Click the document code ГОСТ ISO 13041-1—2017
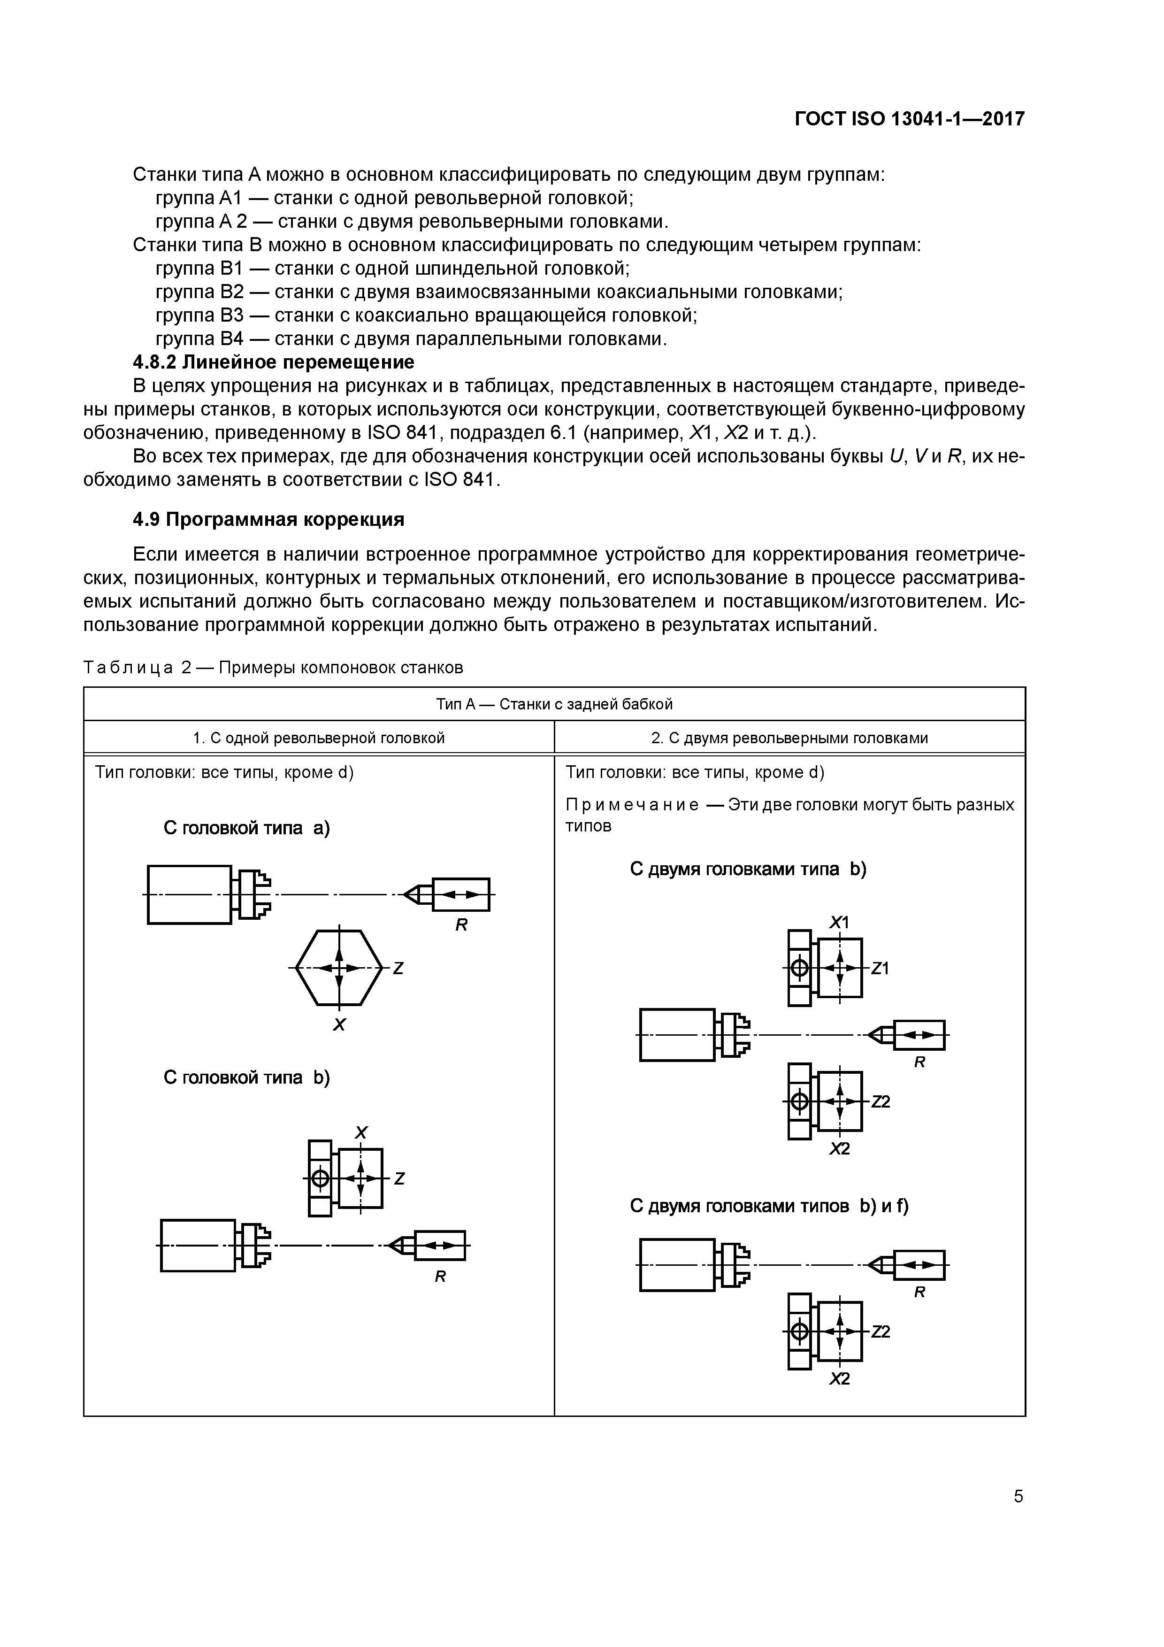click(910, 118)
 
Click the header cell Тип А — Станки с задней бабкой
click(554, 704)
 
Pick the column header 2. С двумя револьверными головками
click(789, 738)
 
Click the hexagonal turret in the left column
click(339, 968)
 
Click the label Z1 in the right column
click(880, 969)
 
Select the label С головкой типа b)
click(246, 1077)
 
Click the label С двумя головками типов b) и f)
click(769, 1206)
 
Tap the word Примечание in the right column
click(632, 804)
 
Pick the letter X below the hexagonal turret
click(339, 1025)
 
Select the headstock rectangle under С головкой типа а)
click(189, 894)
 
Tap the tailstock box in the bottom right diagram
click(919, 1265)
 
